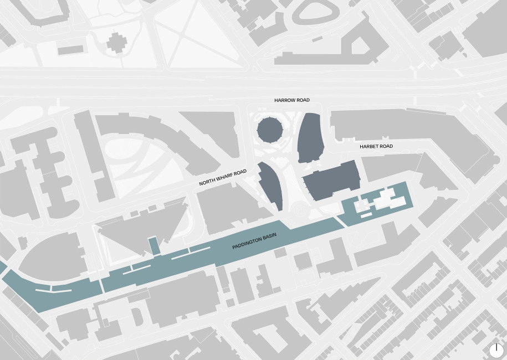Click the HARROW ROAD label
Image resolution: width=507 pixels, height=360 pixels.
292,100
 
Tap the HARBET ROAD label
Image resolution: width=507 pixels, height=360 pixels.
376,146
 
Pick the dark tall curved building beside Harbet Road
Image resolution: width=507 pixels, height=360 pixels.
310,137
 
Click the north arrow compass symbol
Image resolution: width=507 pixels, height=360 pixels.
496,349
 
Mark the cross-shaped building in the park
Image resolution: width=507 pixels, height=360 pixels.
116,42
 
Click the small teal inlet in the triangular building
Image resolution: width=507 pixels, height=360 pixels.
153,245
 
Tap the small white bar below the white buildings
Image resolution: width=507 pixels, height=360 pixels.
366,214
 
